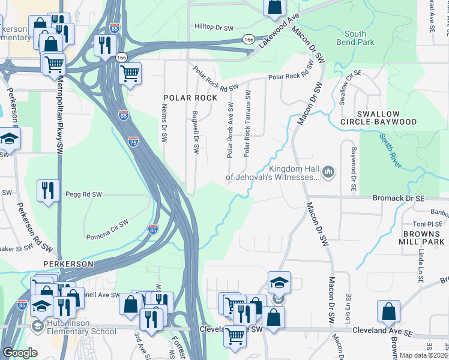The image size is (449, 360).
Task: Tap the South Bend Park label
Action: pos(360,38)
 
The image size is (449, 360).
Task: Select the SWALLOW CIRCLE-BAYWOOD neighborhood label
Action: pos(386,118)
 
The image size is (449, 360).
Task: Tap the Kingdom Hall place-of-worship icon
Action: pos(328,173)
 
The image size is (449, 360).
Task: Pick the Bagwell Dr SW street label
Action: pos(195,131)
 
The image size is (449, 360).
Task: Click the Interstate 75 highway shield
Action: pos(133,142)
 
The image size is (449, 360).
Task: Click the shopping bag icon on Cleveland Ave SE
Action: pos(388,311)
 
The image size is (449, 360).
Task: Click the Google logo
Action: pos(20,353)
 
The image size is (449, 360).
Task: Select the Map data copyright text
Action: pos(423,355)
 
